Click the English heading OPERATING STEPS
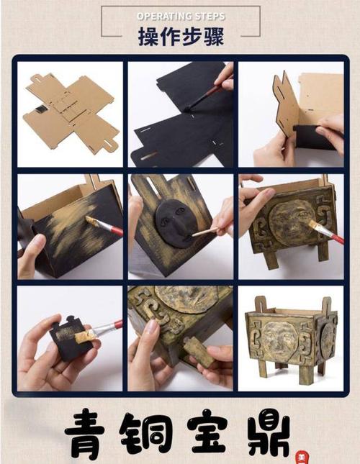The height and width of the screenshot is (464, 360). point(181,16)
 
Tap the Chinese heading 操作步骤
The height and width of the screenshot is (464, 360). point(181,37)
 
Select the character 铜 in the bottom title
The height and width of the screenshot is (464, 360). point(144,434)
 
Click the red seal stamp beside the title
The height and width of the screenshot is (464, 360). point(302,458)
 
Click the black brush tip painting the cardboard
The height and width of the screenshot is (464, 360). point(189,107)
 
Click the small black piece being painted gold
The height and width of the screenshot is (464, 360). point(69,337)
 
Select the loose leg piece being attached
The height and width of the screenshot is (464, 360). point(197,351)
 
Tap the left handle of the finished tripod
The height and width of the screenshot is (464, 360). point(260,304)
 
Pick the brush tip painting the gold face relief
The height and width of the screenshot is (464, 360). point(314,226)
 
